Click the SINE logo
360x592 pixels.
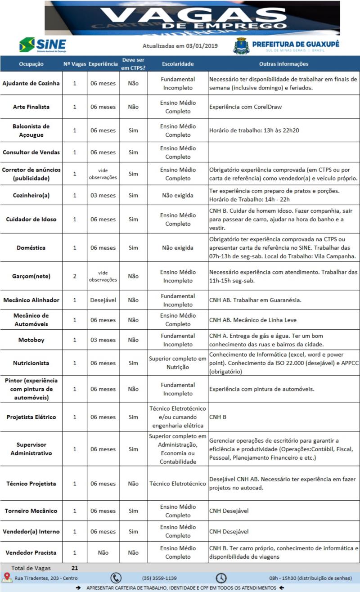click(42, 45)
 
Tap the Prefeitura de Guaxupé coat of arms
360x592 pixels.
click(241, 45)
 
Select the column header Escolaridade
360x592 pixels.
click(178, 64)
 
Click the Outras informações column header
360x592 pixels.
click(283, 64)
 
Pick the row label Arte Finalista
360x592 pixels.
click(31, 107)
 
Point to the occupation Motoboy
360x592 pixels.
click(31, 340)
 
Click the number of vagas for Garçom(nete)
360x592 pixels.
click(75, 276)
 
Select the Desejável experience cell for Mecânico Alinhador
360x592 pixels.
click(103, 300)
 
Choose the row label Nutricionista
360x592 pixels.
click(31, 363)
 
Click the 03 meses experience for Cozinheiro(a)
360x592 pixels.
click(103, 196)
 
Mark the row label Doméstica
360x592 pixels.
click(31, 248)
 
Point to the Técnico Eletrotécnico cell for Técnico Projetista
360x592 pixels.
click(178, 484)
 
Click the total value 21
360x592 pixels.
click(75, 568)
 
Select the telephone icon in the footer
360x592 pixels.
click(116, 578)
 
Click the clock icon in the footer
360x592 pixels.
click(221, 578)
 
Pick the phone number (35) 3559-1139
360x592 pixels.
click(159, 578)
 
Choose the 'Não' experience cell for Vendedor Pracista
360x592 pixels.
click(103, 552)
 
